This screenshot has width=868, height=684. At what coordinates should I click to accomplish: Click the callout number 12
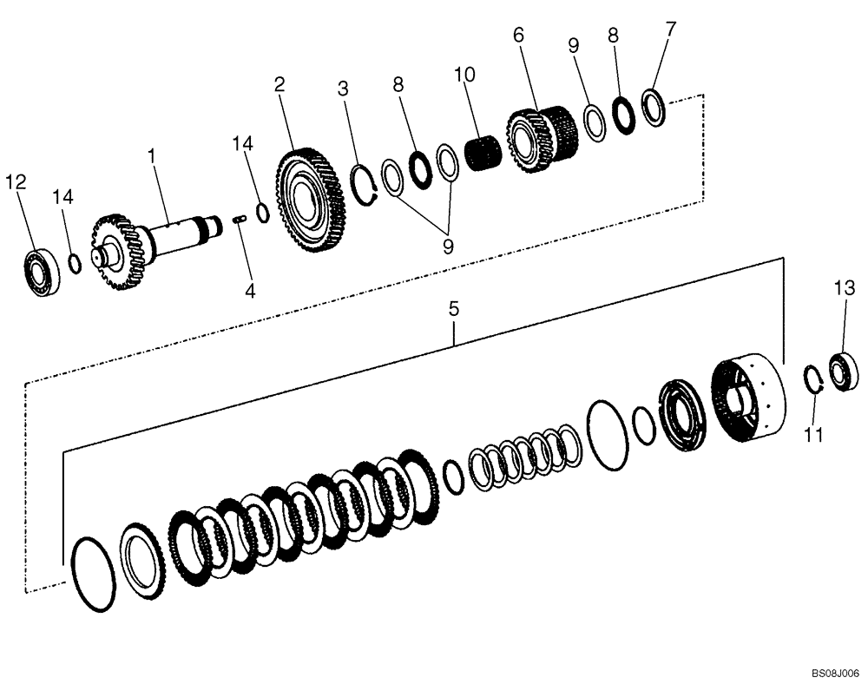pos(16,181)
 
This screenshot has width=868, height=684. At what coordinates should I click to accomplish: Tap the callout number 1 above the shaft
pos(151,156)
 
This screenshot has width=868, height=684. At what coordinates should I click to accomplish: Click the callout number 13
pos(845,287)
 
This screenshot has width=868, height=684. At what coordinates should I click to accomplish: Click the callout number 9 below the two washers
pos(448,247)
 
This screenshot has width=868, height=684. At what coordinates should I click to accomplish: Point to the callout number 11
pos(812,435)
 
